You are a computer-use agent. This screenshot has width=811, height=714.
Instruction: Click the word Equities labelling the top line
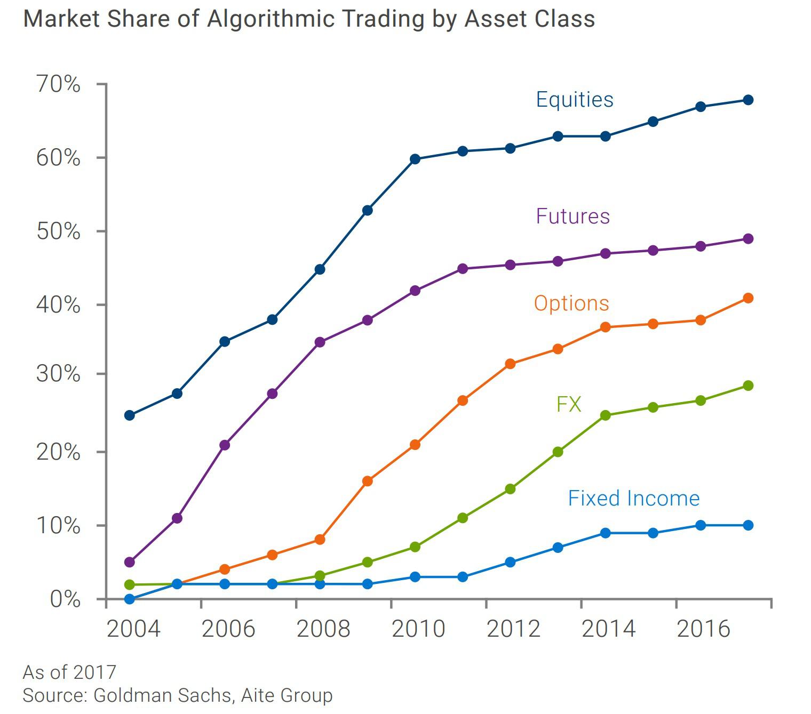coord(574,100)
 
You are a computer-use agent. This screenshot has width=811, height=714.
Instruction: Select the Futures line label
coord(573,216)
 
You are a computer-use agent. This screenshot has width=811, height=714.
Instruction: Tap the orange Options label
coord(571,303)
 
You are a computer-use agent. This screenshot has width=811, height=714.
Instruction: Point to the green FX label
coord(568,404)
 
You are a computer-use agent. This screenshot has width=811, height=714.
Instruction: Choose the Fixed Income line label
coord(633,498)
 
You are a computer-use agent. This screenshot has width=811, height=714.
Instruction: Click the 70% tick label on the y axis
coord(58,84)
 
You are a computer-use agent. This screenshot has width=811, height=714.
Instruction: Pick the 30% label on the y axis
coord(58,374)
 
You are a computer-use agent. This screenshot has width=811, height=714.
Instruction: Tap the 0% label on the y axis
coord(65,599)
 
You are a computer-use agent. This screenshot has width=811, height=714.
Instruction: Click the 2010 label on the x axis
coord(418,629)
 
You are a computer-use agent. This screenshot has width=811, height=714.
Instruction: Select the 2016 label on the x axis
coord(703,629)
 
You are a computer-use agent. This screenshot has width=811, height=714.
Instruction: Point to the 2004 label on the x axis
coord(133,629)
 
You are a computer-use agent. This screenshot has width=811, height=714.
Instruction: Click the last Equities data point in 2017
coord(748,100)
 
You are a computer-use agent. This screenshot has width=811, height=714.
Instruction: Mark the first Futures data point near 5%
coord(129,562)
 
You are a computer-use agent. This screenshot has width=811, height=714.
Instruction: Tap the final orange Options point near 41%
coord(748,298)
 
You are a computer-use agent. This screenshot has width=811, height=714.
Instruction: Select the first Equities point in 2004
coord(129,415)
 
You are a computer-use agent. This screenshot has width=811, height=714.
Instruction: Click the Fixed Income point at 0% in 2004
coord(129,599)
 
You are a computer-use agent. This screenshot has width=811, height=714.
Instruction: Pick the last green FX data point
coord(748,386)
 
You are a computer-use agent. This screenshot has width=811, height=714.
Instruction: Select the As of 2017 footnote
coord(69,672)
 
